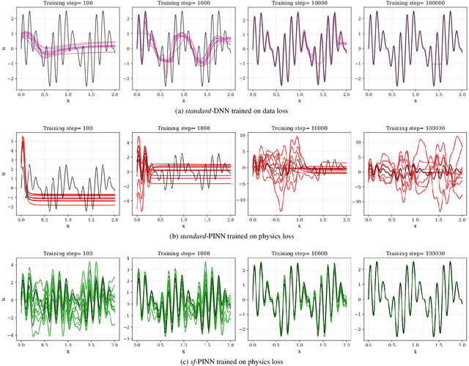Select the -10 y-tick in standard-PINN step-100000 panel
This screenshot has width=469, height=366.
click(359, 207)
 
